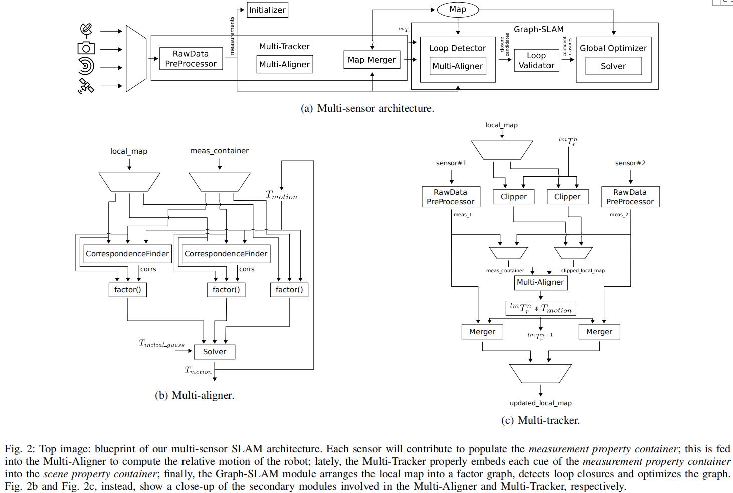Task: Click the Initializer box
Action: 267,10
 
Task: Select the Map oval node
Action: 457,9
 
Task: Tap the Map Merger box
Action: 372,60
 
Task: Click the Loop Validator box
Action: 536,60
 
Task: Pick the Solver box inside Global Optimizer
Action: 613,66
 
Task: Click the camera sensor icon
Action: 86,48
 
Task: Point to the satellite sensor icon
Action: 86,86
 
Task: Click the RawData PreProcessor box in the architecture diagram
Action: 191,59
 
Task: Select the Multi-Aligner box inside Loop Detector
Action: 457,66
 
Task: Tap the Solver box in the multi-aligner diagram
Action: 214,352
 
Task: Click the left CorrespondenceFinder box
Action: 127,254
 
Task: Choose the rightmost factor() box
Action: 289,290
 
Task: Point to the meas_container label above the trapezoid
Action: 219,151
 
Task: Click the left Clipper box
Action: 513,197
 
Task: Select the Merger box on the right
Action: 599,332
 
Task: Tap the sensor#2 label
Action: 630,163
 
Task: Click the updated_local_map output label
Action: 540,403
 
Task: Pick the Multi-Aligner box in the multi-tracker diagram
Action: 540,282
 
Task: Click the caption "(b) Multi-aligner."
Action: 195,395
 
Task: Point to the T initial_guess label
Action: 161,344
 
